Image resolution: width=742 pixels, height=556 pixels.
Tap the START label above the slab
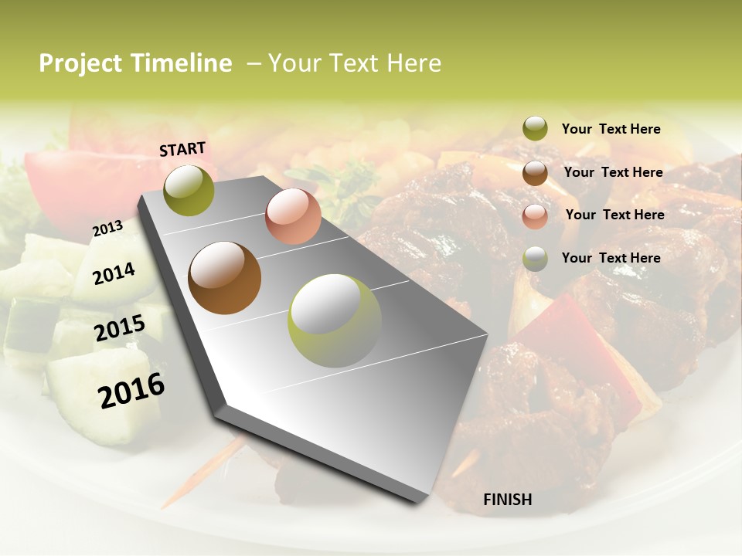182,149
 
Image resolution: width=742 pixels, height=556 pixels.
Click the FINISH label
508,500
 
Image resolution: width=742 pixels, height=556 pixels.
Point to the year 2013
107,228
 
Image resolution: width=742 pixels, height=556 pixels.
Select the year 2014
114,273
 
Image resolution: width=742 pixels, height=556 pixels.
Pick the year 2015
119,328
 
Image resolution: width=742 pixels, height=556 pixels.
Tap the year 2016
131,390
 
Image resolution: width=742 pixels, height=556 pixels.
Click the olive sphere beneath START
189,190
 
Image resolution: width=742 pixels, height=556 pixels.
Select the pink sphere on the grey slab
293,215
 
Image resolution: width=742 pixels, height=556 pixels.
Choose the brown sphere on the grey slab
225,278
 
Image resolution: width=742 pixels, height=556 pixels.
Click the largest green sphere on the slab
334,320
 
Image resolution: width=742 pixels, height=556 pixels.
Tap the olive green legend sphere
535,129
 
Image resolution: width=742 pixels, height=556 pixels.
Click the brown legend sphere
535,173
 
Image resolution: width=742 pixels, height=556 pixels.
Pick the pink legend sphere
535,216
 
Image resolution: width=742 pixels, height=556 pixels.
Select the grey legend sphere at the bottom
535,259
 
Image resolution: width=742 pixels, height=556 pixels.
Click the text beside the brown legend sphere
613,172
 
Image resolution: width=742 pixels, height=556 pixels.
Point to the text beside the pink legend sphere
614,215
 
